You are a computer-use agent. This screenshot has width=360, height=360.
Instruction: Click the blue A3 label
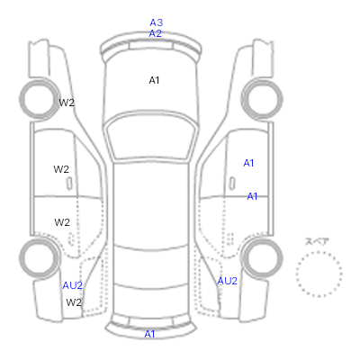157,22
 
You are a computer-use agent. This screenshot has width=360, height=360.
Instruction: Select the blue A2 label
156,33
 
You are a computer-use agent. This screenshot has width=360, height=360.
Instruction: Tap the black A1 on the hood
154,80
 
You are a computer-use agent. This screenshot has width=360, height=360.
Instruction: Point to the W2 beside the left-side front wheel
67,103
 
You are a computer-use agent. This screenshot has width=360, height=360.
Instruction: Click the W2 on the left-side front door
61,169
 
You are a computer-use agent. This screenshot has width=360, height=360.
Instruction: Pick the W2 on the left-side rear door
62,222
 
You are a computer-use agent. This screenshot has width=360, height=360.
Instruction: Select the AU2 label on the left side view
72,285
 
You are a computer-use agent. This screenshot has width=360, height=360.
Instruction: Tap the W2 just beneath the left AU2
74,302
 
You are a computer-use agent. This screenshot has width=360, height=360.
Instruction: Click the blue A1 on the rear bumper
149,334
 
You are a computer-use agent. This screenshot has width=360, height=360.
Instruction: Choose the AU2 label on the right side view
227,281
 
